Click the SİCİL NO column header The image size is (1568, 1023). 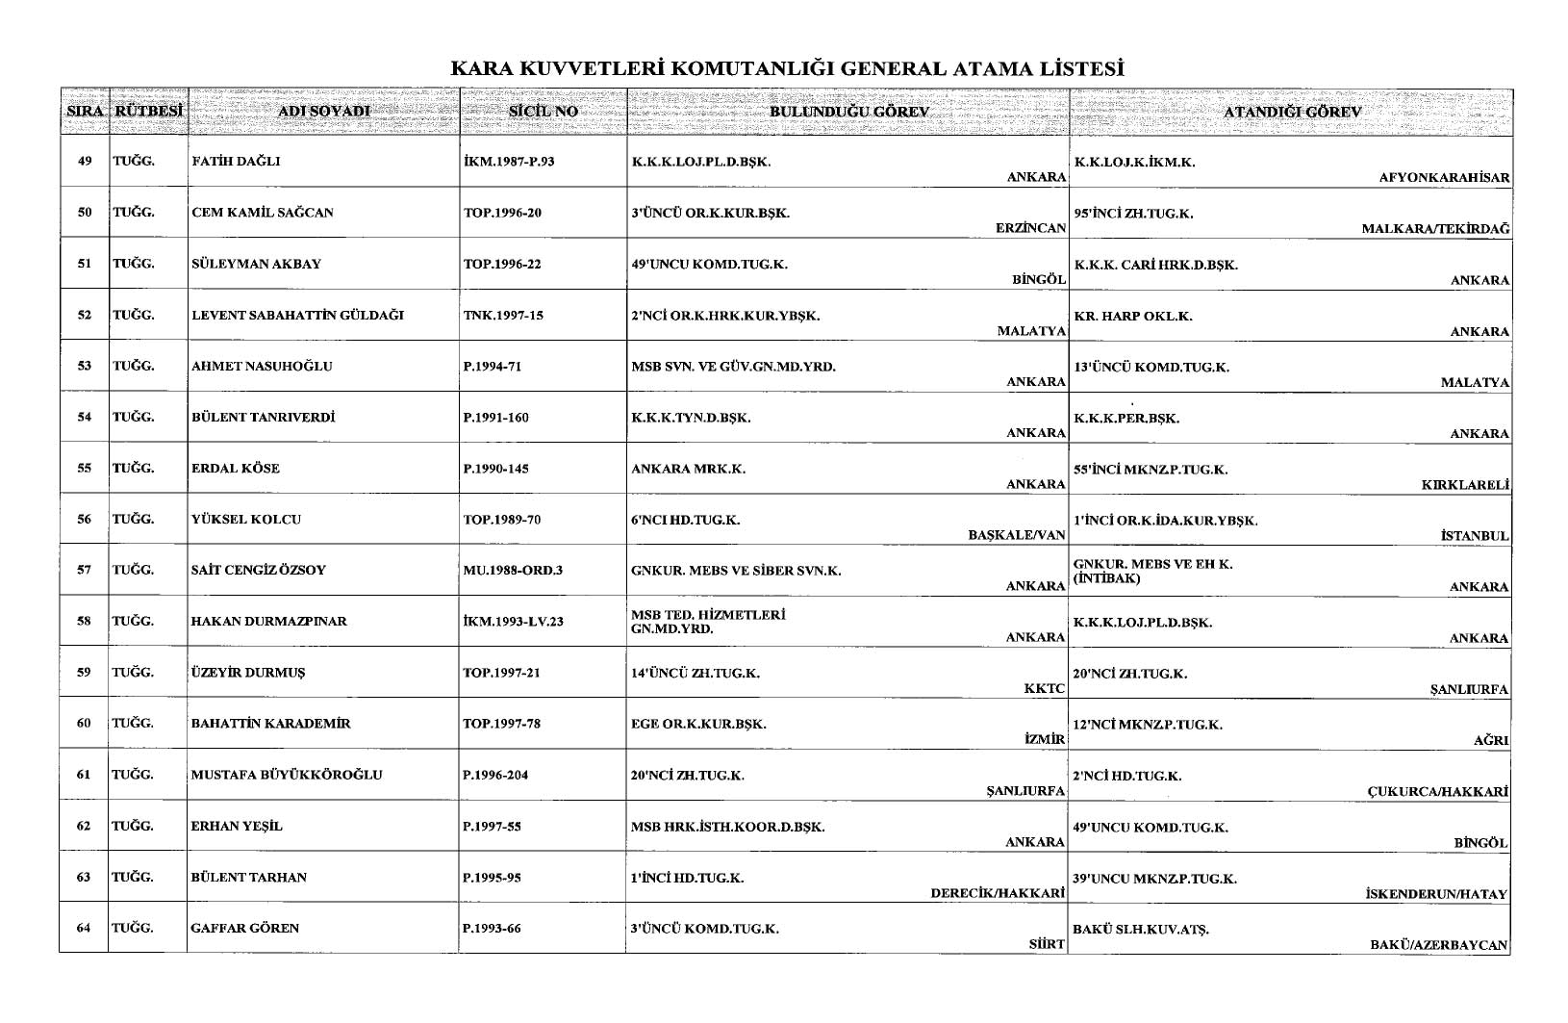(x=544, y=112)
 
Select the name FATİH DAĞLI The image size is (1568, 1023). (x=236, y=162)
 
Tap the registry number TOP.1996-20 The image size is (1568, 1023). (x=502, y=213)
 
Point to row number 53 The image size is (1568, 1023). (x=85, y=366)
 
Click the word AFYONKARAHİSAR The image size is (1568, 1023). (x=1444, y=178)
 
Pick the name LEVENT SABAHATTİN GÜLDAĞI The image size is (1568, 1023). (x=297, y=315)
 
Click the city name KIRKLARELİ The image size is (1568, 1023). (x=1464, y=485)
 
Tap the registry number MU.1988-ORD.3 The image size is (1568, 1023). (x=513, y=570)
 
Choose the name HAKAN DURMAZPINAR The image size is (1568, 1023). (x=269, y=621)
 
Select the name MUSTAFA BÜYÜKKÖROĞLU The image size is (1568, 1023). (x=287, y=775)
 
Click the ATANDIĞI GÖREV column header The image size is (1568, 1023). (x=1292, y=112)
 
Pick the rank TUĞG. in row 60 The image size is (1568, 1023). (x=133, y=723)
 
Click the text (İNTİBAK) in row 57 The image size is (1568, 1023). (x=1106, y=578)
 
